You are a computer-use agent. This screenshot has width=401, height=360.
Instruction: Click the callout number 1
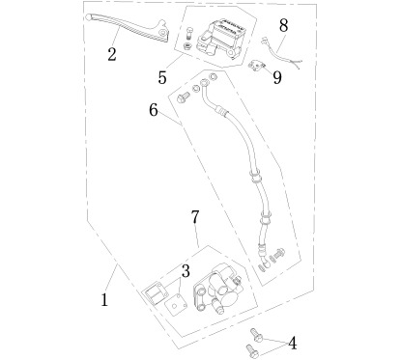[104, 300]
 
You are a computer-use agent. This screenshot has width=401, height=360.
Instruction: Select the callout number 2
[112, 54]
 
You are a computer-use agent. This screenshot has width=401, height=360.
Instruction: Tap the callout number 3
[186, 271]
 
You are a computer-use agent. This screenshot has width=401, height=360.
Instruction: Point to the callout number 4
[292, 344]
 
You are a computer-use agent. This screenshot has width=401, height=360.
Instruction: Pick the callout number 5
[162, 77]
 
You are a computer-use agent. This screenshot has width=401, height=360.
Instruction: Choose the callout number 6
[154, 110]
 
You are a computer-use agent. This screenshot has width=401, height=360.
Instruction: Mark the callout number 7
[195, 217]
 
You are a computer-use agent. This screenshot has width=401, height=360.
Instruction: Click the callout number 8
[283, 25]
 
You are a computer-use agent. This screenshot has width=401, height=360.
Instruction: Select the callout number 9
[277, 77]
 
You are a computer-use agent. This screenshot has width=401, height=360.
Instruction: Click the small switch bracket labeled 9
[256, 66]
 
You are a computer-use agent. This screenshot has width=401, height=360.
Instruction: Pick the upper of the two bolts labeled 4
[257, 335]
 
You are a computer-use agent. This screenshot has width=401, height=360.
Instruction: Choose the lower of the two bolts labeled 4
[252, 350]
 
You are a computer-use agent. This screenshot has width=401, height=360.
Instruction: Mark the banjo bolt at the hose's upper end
[183, 97]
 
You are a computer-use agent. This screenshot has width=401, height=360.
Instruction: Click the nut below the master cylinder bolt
[186, 46]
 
